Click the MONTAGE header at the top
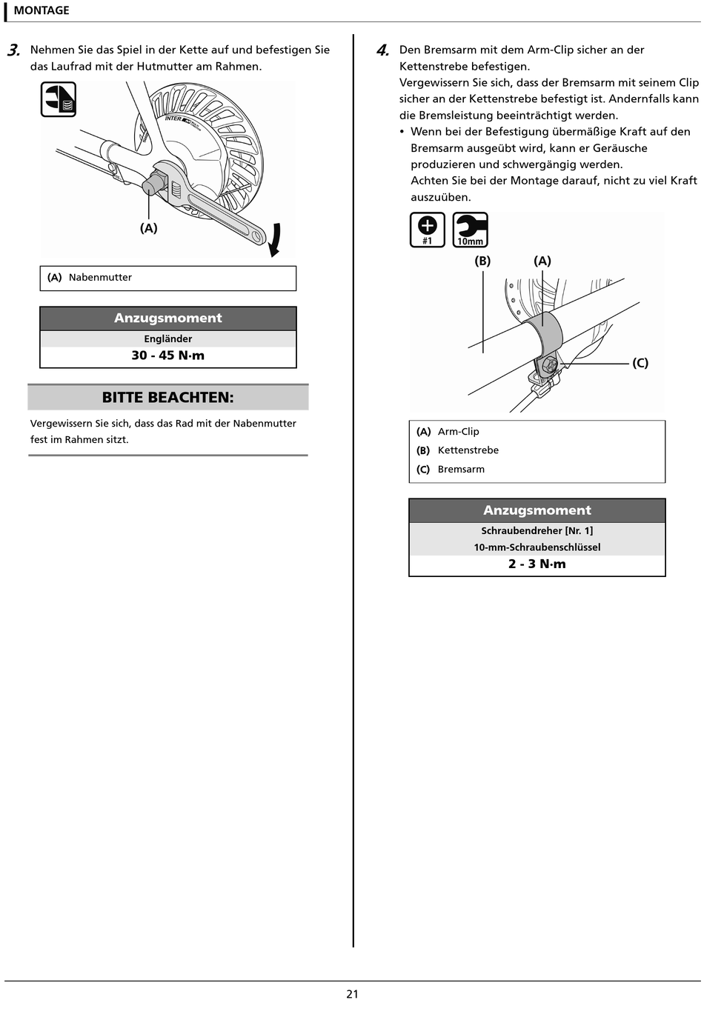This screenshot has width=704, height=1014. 41,10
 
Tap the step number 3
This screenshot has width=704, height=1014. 13,50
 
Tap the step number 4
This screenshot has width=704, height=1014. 382,50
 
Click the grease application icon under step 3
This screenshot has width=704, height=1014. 58,99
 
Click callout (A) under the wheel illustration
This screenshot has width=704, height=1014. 149,228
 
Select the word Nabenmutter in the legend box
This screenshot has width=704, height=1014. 100,278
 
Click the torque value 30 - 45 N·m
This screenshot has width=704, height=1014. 168,356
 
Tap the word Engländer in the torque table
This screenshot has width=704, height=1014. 168,338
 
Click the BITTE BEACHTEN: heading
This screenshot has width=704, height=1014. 168,397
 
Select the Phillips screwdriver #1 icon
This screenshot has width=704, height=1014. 428,230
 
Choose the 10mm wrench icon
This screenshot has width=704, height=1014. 470,230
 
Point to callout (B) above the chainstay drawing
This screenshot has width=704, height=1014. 482,261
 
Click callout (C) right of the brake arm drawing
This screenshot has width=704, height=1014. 640,363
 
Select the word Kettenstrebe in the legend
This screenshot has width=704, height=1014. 468,450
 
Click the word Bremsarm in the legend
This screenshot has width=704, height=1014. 461,470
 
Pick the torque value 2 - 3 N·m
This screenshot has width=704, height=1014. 537,564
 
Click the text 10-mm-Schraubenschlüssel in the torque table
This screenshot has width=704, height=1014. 537,547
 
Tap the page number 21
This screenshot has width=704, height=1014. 353,994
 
